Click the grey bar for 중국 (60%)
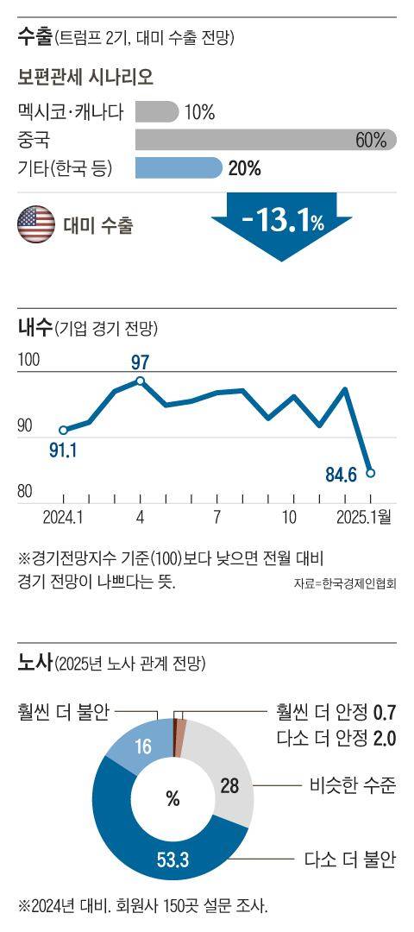[x=259, y=140]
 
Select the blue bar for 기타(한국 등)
[x=179, y=167]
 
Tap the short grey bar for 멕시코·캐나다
[x=156, y=111]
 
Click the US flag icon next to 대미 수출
[x=36, y=226]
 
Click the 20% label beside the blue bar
[x=245, y=168]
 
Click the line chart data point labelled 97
[x=141, y=381]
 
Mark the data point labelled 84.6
[x=370, y=472]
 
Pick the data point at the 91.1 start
[x=63, y=429]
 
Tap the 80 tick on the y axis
[x=27, y=491]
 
